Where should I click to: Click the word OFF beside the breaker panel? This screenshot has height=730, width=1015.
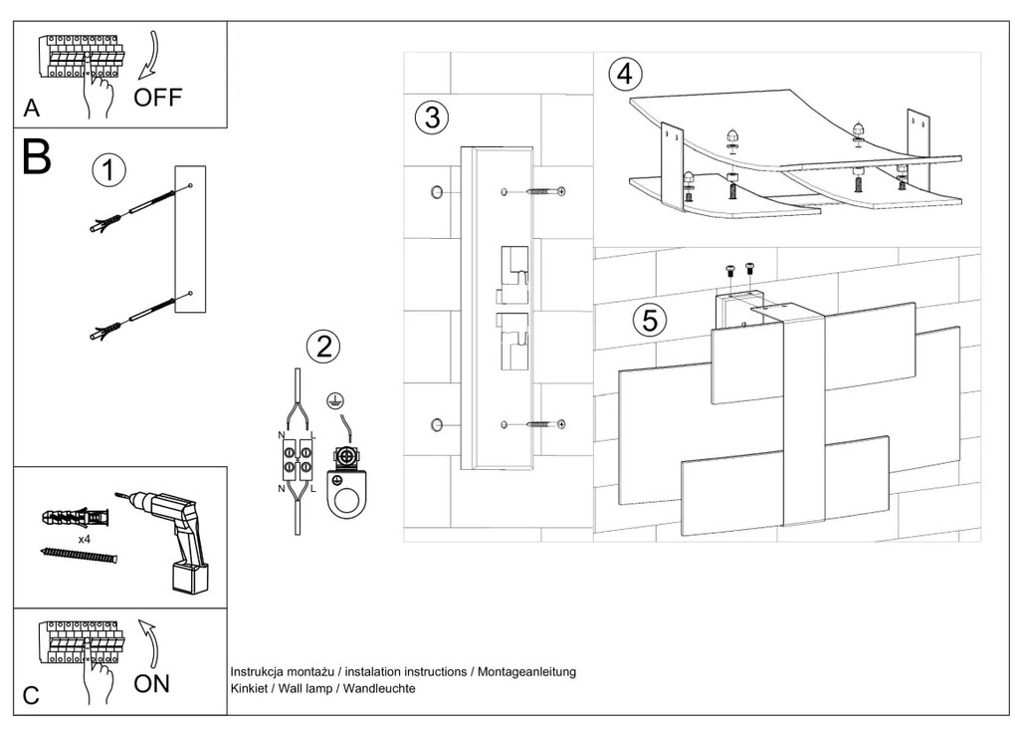[157, 98]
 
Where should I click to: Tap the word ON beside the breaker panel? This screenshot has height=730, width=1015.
[152, 683]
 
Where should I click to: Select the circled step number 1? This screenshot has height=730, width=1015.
[109, 169]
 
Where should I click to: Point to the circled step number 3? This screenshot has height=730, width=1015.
[431, 118]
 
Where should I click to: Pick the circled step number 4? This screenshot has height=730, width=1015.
[625, 74]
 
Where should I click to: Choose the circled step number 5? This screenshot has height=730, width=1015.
[650, 321]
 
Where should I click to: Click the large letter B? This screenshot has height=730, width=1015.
[37, 158]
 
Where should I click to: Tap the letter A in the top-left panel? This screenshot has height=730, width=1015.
[32, 108]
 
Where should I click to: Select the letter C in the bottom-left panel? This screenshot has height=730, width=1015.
[32, 695]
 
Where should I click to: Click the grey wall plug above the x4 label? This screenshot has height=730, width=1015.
[74, 518]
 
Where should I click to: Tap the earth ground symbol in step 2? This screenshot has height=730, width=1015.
[336, 401]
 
